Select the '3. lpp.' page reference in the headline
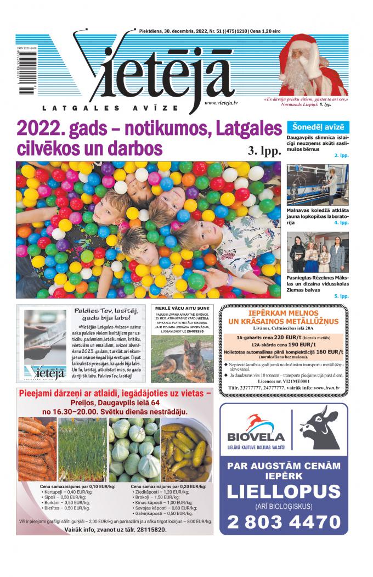click(264, 150)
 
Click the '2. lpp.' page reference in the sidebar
click(341, 155)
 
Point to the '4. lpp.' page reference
click(341, 223)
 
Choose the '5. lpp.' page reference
click(341, 296)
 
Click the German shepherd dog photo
click(182, 360)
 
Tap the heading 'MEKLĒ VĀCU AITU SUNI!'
click(182, 309)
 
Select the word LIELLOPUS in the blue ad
click(284, 491)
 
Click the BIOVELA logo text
click(256, 438)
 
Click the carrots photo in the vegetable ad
click(36, 449)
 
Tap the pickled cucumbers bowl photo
click(187, 449)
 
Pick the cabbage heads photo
click(134, 449)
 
